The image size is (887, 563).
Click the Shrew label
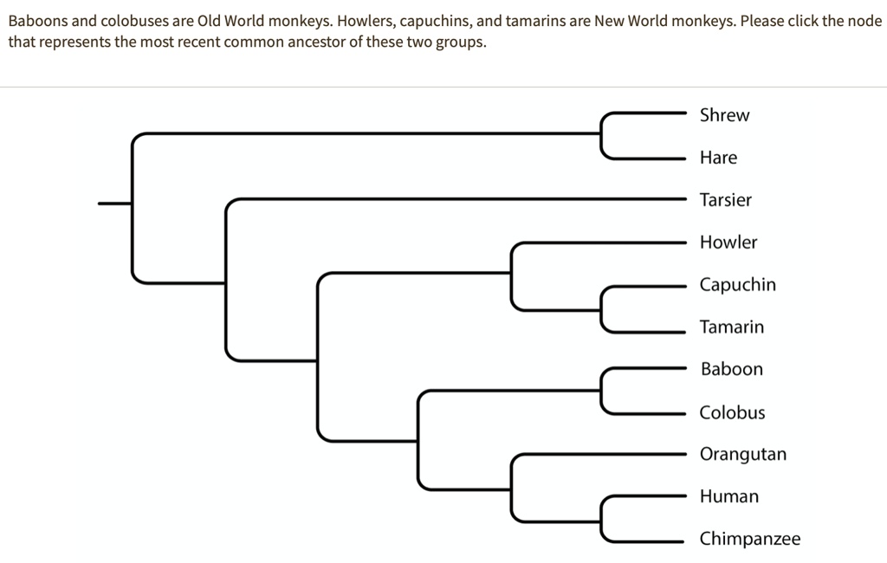pos(724,115)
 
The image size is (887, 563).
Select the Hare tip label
pos(718,158)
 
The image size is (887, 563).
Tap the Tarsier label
pos(725,200)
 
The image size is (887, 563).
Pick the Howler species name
pos(728,243)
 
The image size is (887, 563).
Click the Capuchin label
pos(737,285)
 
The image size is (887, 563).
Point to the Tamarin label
pos(732,327)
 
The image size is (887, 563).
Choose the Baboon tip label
pos(731,369)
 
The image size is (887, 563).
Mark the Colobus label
pos(732,412)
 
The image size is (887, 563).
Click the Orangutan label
pos(742,454)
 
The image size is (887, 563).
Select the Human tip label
pos(728,496)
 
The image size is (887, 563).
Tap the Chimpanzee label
pos(749,539)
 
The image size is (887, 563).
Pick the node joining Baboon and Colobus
pos(602,391)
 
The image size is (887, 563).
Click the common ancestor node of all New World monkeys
pos(512,273)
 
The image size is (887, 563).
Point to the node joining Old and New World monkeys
pos(318,359)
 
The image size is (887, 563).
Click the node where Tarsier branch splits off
pos(226,281)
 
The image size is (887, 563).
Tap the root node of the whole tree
pos(133,204)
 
